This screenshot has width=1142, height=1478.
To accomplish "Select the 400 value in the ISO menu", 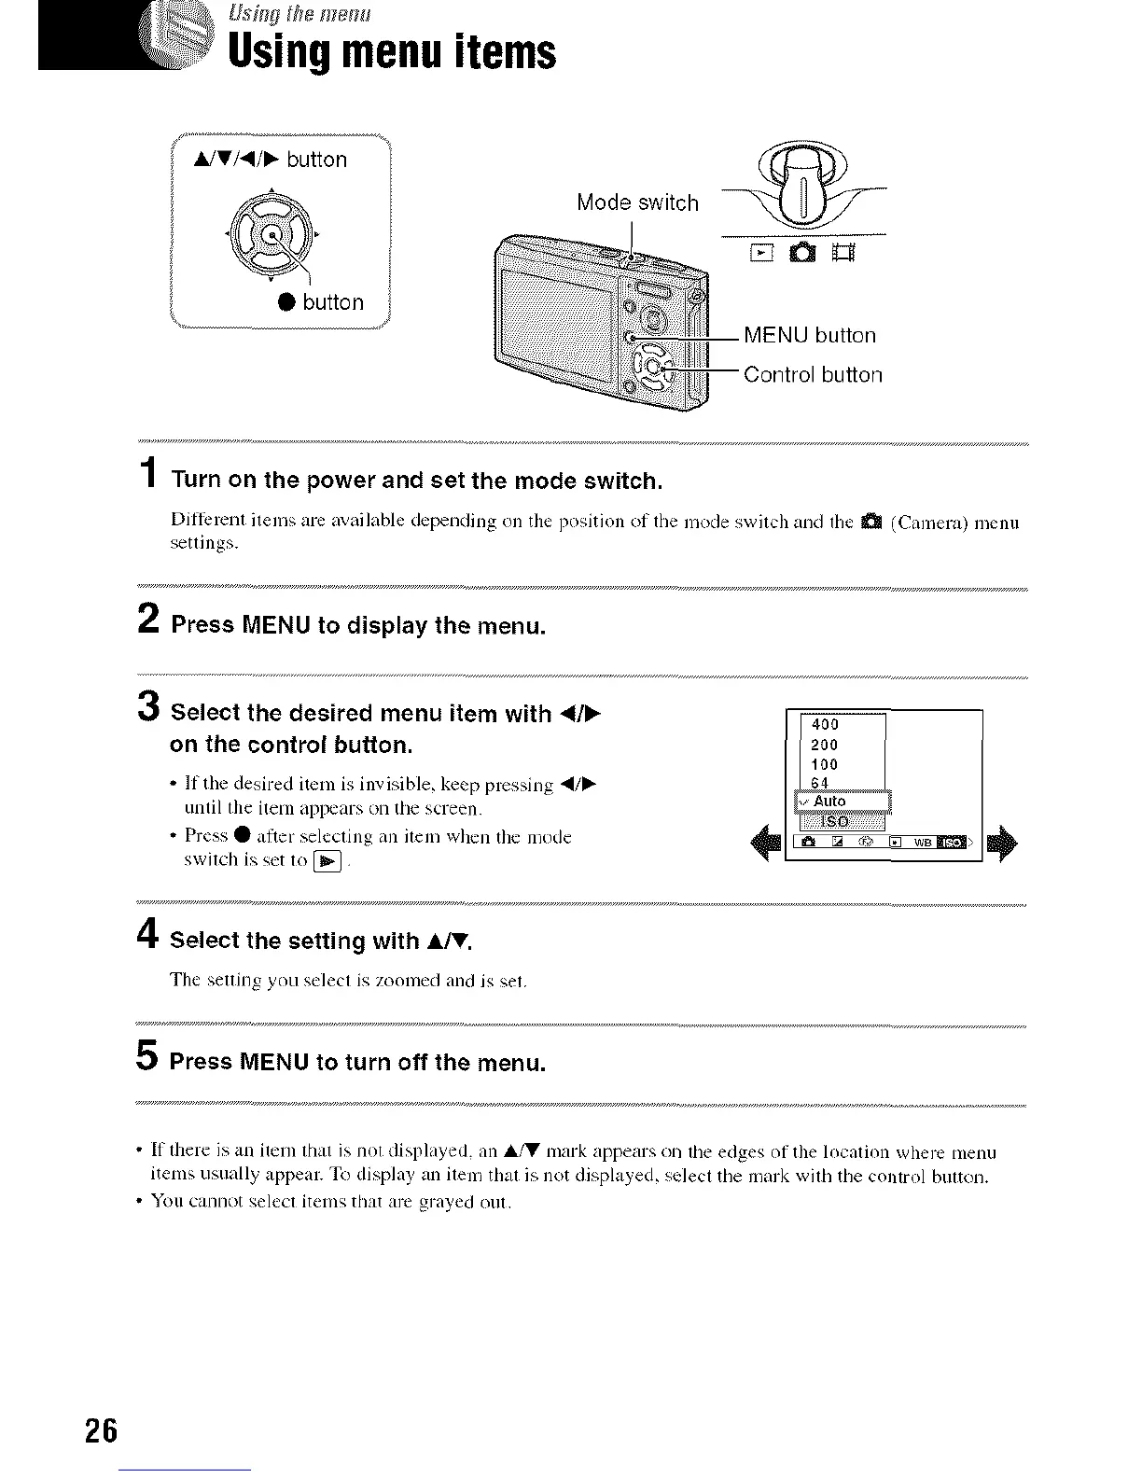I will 826,725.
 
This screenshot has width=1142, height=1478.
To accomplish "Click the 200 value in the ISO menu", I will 825,745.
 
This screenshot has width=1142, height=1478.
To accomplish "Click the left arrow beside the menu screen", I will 770,842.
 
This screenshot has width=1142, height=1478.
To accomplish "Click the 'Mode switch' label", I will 637,202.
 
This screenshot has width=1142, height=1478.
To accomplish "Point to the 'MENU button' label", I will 810,336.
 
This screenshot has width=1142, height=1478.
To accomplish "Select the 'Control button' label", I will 812,375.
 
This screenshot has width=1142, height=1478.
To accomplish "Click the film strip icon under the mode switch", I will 841,253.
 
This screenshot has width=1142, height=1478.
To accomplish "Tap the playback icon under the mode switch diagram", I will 761,253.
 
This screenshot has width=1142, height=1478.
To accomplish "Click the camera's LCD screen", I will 556,322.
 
